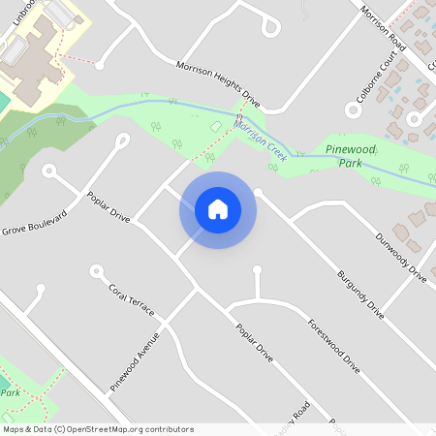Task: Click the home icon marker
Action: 217,209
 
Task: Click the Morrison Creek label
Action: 262,134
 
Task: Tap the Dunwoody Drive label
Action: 399,258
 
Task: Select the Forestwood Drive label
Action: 333,347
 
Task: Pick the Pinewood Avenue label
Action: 134,360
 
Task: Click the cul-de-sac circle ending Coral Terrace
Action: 96,270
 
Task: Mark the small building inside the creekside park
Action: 215,128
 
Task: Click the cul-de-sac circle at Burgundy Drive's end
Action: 258,193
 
